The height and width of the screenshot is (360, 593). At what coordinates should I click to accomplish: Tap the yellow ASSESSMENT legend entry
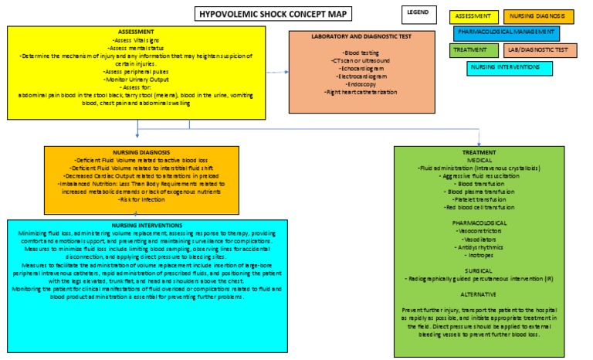473,16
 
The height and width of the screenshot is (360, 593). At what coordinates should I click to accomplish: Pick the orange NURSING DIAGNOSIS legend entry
538,16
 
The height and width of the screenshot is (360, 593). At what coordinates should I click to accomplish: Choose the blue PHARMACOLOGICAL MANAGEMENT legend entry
506,33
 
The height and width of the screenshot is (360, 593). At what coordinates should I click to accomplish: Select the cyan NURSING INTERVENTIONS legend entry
509,68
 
